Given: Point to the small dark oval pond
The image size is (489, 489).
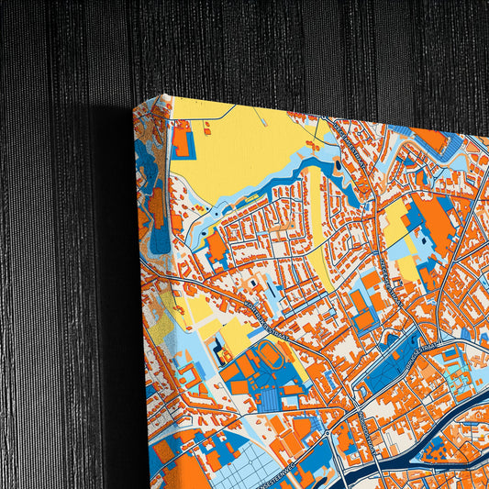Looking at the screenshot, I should coord(336,166).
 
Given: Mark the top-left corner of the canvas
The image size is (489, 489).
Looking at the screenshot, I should coord(164,95).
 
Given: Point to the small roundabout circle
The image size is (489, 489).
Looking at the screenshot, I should coord(326,430).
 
